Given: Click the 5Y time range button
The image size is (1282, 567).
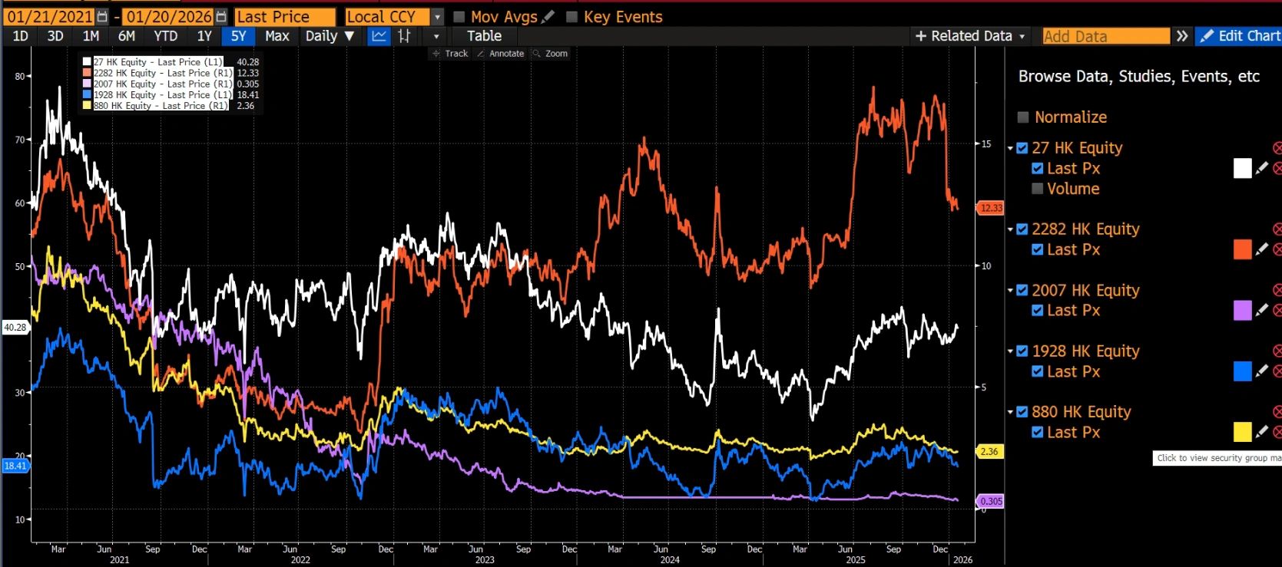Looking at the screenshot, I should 238,36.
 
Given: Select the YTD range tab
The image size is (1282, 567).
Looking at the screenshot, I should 165,36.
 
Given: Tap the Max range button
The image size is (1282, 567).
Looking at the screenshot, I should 277,36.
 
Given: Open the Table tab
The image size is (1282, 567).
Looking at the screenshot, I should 484,36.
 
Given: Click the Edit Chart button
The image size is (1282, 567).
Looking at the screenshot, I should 1240,36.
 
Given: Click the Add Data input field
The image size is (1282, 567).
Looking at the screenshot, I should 1105,36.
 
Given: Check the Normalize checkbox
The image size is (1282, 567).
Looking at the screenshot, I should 1023,117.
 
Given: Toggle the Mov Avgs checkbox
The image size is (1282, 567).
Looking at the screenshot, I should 459,17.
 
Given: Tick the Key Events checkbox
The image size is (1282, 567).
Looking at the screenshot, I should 572,17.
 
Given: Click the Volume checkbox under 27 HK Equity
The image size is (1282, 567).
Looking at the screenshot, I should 1038,189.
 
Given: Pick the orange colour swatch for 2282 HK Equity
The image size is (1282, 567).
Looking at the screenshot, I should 1242,249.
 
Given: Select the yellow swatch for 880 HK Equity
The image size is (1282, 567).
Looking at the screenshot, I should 1242,432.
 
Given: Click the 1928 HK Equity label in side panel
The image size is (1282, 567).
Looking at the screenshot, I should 1085,351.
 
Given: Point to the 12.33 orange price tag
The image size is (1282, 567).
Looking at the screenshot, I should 990,208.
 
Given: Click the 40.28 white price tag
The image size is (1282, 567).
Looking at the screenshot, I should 15,328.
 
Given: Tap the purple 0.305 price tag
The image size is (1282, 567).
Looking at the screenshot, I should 990,501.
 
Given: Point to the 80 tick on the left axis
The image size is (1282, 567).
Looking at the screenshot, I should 19,76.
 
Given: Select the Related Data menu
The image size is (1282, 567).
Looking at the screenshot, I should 970,36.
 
